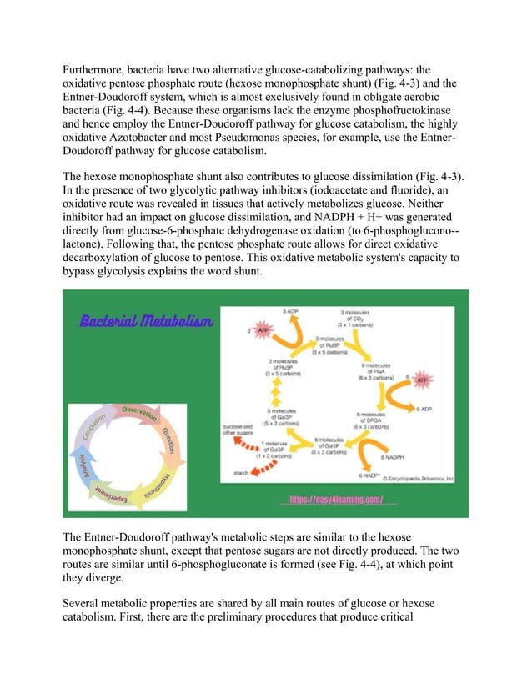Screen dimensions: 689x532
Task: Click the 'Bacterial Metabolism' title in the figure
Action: [x=146, y=321]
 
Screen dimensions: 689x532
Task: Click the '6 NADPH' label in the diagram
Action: [x=393, y=457]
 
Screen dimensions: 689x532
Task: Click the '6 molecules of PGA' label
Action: [x=370, y=370]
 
